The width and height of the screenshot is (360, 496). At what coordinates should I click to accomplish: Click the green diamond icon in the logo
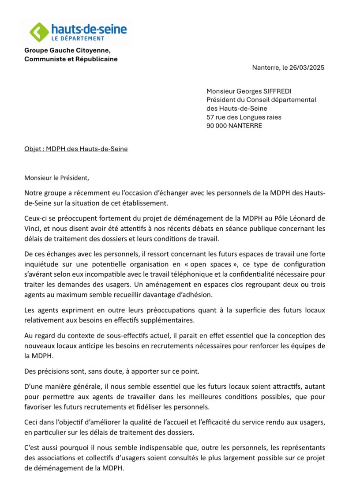click(x=39, y=32)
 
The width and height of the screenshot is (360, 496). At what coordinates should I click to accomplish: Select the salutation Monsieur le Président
click(x=56, y=178)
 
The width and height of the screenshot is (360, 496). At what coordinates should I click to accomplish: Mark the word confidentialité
click(x=300, y=272)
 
